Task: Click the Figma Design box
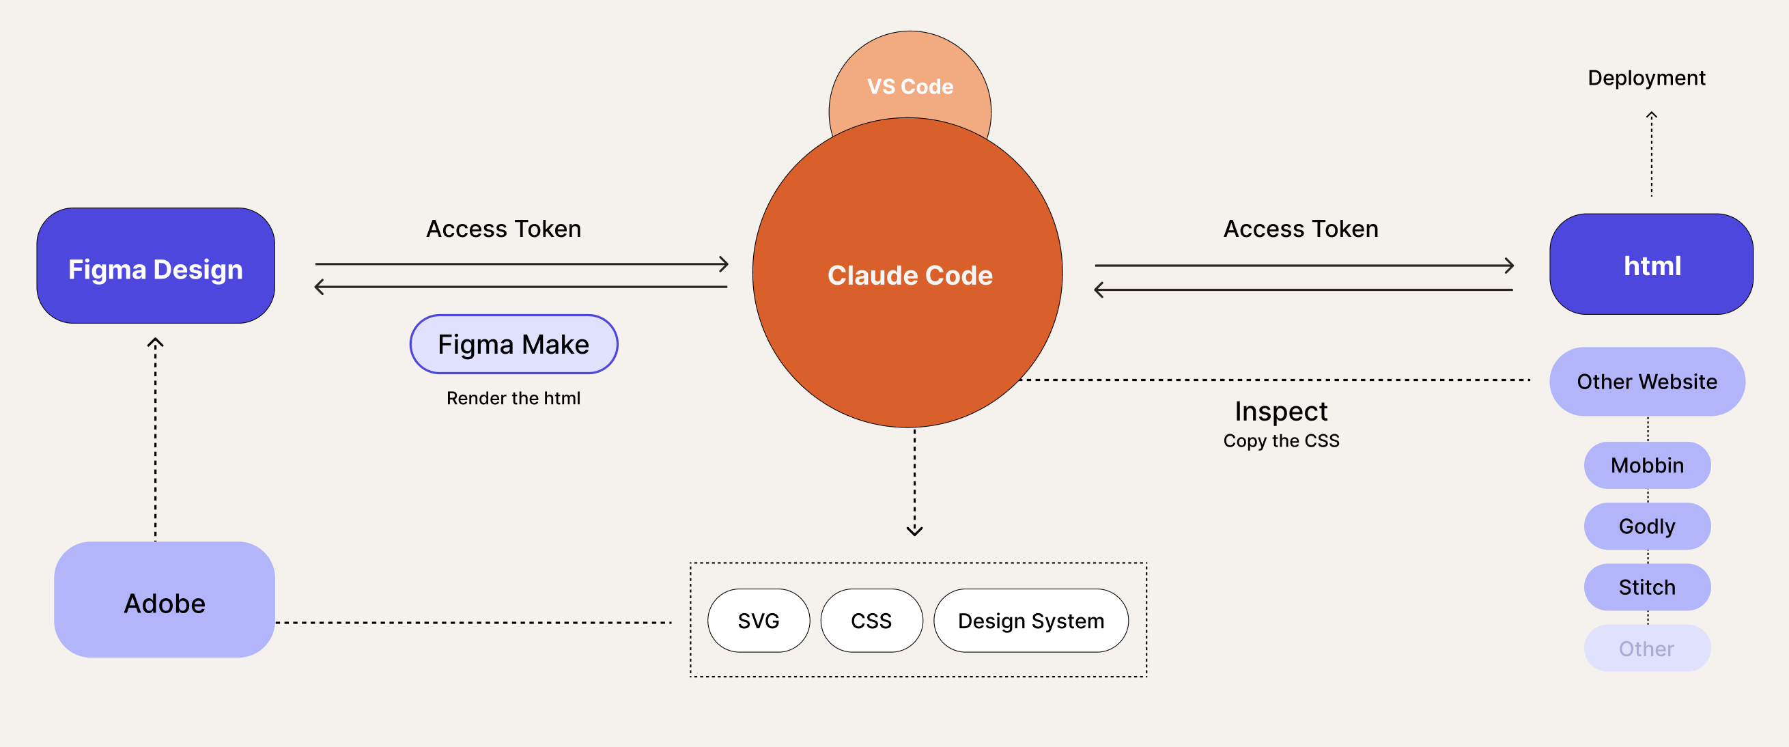click(x=156, y=266)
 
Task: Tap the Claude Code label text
click(x=910, y=276)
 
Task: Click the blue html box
click(x=1651, y=264)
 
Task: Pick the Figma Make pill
click(x=513, y=344)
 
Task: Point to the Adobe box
click(x=165, y=600)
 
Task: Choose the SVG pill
click(x=759, y=621)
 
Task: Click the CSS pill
click(x=871, y=621)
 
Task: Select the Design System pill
click(x=1030, y=621)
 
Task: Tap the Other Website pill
click(x=1646, y=382)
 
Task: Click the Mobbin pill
click(x=1646, y=465)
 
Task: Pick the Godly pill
click(x=1646, y=526)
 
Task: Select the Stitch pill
click(x=1646, y=587)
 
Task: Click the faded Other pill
click(x=1646, y=649)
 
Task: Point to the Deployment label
click(x=1646, y=78)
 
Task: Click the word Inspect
click(x=1280, y=412)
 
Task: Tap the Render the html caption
click(x=513, y=399)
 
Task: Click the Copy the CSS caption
click(x=1280, y=441)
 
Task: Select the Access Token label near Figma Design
click(x=503, y=229)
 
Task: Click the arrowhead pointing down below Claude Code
click(x=914, y=531)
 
